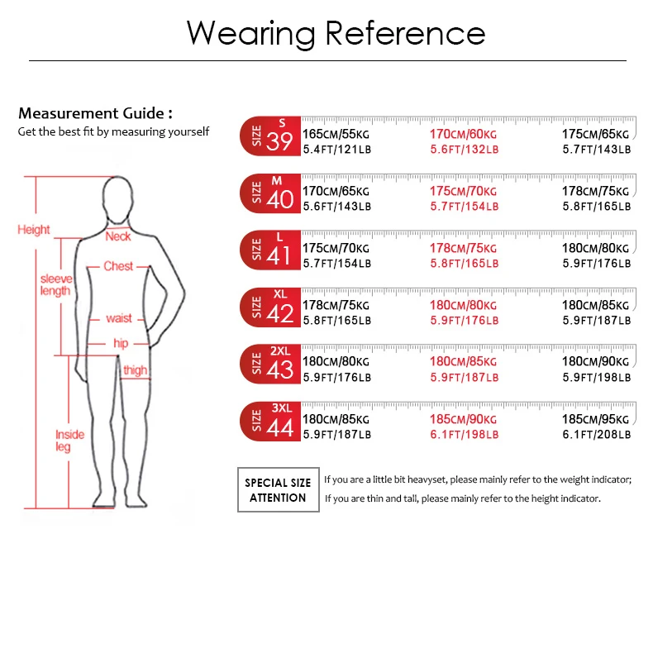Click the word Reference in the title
click(x=404, y=33)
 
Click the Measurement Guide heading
click(x=95, y=114)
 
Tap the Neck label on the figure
click(x=118, y=236)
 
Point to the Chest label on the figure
click(x=118, y=266)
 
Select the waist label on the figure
click(x=119, y=318)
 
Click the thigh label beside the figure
click(x=135, y=370)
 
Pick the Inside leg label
click(x=69, y=441)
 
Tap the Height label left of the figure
click(x=34, y=230)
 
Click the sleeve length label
click(x=56, y=284)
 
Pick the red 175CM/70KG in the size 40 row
click(x=463, y=190)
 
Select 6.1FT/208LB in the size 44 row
click(x=596, y=434)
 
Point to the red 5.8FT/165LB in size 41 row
click(x=464, y=263)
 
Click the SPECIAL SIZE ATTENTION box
click(x=277, y=489)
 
